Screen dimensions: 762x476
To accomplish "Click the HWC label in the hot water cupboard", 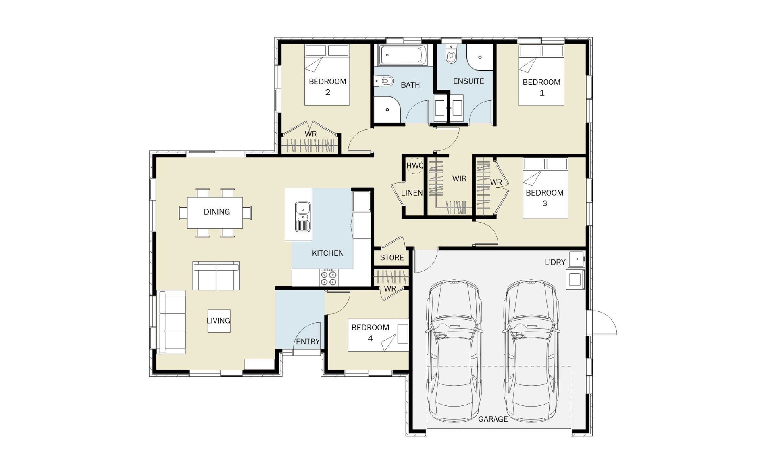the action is click(x=415, y=165).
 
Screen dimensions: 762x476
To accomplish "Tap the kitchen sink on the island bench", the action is click(x=302, y=217).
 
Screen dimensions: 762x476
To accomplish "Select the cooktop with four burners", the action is click(x=329, y=277).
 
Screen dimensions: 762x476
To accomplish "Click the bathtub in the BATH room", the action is click(x=403, y=55).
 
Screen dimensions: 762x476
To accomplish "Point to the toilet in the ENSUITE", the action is click(x=451, y=54).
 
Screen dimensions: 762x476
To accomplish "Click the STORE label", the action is click(x=392, y=257).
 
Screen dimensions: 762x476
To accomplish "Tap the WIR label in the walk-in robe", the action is click(x=459, y=178).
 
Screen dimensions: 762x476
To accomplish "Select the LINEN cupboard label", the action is click(x=412, y=193).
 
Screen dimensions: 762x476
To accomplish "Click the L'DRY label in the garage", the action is click(x=555, y=262).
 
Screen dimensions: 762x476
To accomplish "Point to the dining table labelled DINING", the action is click(x=215, y=213).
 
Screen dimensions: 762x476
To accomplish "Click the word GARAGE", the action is click(x=493, y=419).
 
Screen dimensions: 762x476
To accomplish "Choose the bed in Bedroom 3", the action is click(x=545, y=188).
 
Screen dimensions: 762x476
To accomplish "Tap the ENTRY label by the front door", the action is click(x=308, y=342).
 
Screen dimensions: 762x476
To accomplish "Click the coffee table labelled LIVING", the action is click(x=219, y=321).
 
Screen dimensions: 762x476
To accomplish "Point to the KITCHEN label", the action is click(x=328, y=253).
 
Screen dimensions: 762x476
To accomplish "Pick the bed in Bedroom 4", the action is click(x=378, y=335).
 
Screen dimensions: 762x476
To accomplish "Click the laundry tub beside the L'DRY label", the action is click(x=577, y=259).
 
